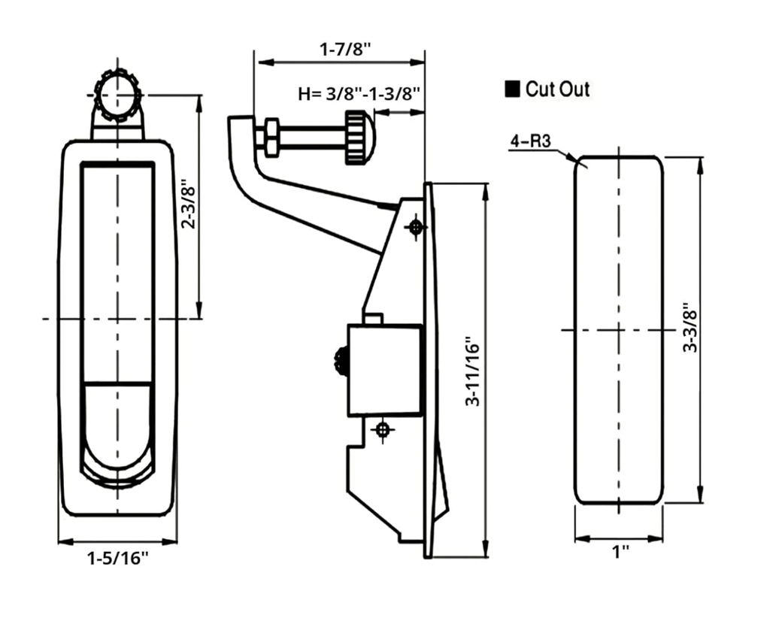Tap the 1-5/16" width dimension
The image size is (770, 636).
pyautogui.click(x=118, y=558)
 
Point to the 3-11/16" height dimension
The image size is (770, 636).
pyautogui.click(x=472, y=371)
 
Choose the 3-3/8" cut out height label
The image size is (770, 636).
pyautogui.click(x=689, y=328)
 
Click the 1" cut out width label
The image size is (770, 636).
pyautogui.click(x=620, y=553)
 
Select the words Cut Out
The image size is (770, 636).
pyautogui.click(x=557, y=89)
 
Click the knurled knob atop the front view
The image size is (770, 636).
pyautogui.click(x=118, y=95)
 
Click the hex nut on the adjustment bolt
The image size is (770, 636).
pyautogui.click(x=270, y=138)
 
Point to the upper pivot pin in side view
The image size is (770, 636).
pyautogui.click(x=415, y=226)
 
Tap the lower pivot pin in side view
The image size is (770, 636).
pyautogui.click(x=383, y=429)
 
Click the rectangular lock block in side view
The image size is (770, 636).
pyautogui.click(x=384, y=370)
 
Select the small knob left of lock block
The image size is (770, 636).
pyautogui.click(x=341, y=361)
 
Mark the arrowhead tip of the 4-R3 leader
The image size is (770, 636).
pyautogui.click(x=577, y=160)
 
